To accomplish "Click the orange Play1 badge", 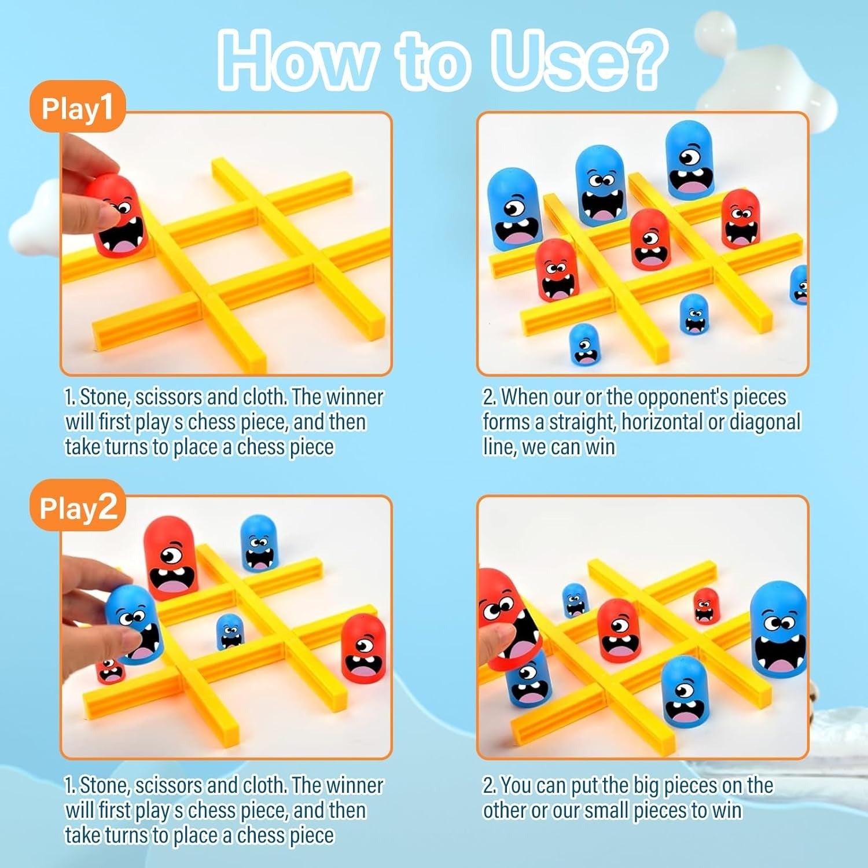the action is (x=77, y=107).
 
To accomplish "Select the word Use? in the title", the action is (x=579, y=60).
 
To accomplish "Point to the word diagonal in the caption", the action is (x=764, y=422).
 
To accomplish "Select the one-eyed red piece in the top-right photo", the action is (x=650, y=240).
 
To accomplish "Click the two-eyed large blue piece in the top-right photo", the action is (x=602, y=185).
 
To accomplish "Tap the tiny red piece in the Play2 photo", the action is (x=110, y=670).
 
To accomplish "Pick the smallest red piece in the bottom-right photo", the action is (x=706, y=605).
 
